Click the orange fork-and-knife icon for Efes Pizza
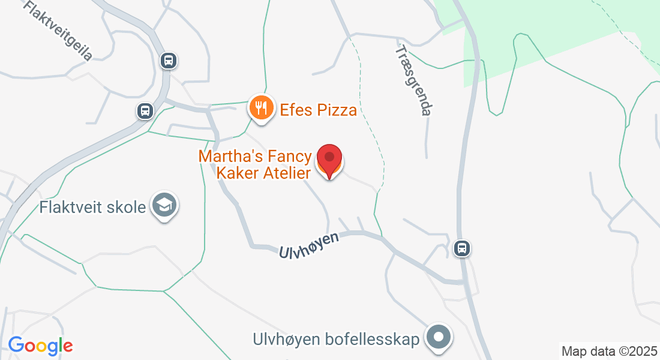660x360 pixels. click(x=260, y=107)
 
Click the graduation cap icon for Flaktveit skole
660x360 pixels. click(x=164, y=205)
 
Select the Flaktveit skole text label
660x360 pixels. click(x=93, y=208)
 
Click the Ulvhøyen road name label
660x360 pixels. click(x=309, y=245)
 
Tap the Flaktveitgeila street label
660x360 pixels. click(x=58, y=31)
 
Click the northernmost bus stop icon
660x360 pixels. click(x=169, y=60)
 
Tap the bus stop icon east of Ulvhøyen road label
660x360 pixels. click(x=461, y=248)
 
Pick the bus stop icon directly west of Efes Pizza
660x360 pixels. click(x=144, y=110)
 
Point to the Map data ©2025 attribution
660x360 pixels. click(x=608, y=351)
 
